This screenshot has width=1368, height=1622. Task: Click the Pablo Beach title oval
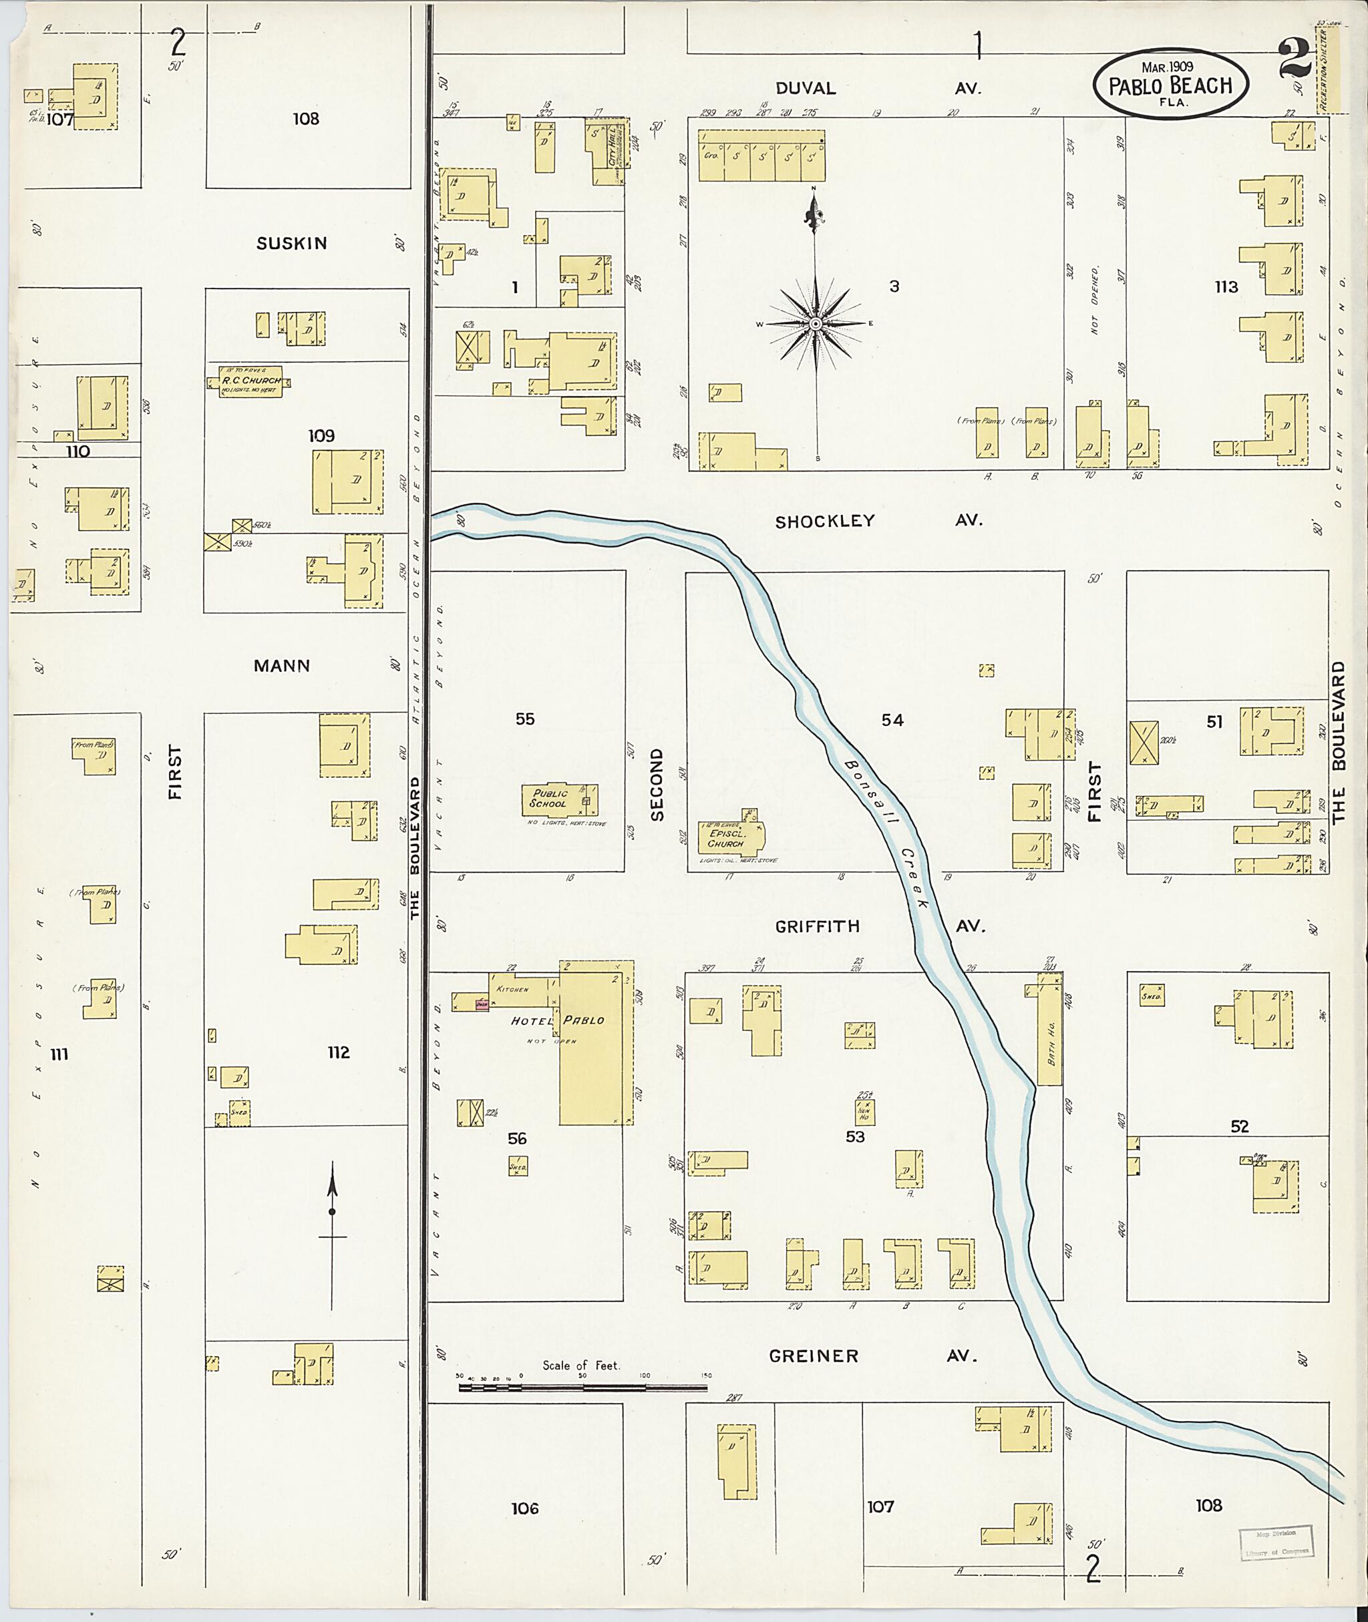pos(1170,85)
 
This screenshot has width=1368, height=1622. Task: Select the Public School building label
pos(550,799)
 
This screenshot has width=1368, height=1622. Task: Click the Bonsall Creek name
pos(884,833)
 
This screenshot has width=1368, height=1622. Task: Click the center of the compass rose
pos(815,323)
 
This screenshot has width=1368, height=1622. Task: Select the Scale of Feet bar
pos(582,1386)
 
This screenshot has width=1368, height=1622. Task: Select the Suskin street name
pos(292,244)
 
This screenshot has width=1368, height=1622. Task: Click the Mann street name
pos(281,665)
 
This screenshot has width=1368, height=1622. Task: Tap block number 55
pos(525,719)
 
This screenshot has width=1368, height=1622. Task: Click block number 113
pos(1226,287)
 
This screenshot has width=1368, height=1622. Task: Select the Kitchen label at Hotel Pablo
pos(512,990)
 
